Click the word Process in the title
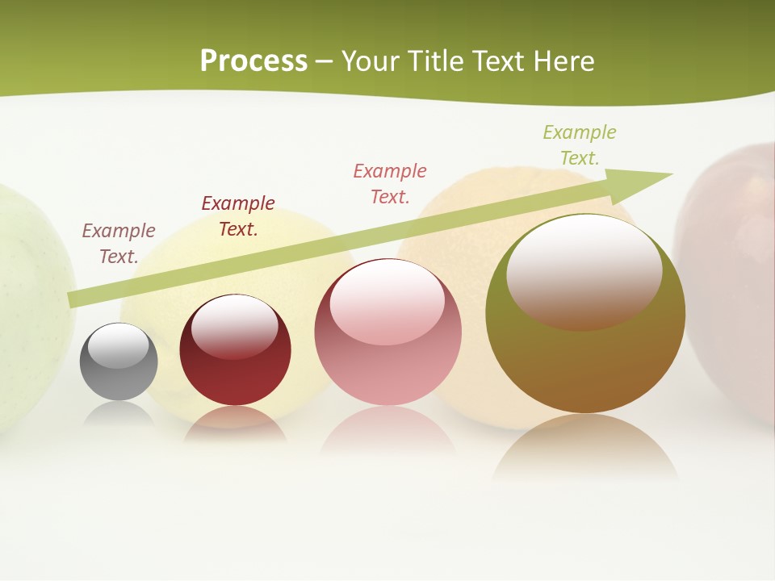[x=253, y=61]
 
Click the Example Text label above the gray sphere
[x=119, y=243]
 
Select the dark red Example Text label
[x=238, y=215]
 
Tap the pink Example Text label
[x=390, y=183]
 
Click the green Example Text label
[x=580, y=144]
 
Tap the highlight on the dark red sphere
[x=235, y=326]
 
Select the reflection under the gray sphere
[x=119, y=413]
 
